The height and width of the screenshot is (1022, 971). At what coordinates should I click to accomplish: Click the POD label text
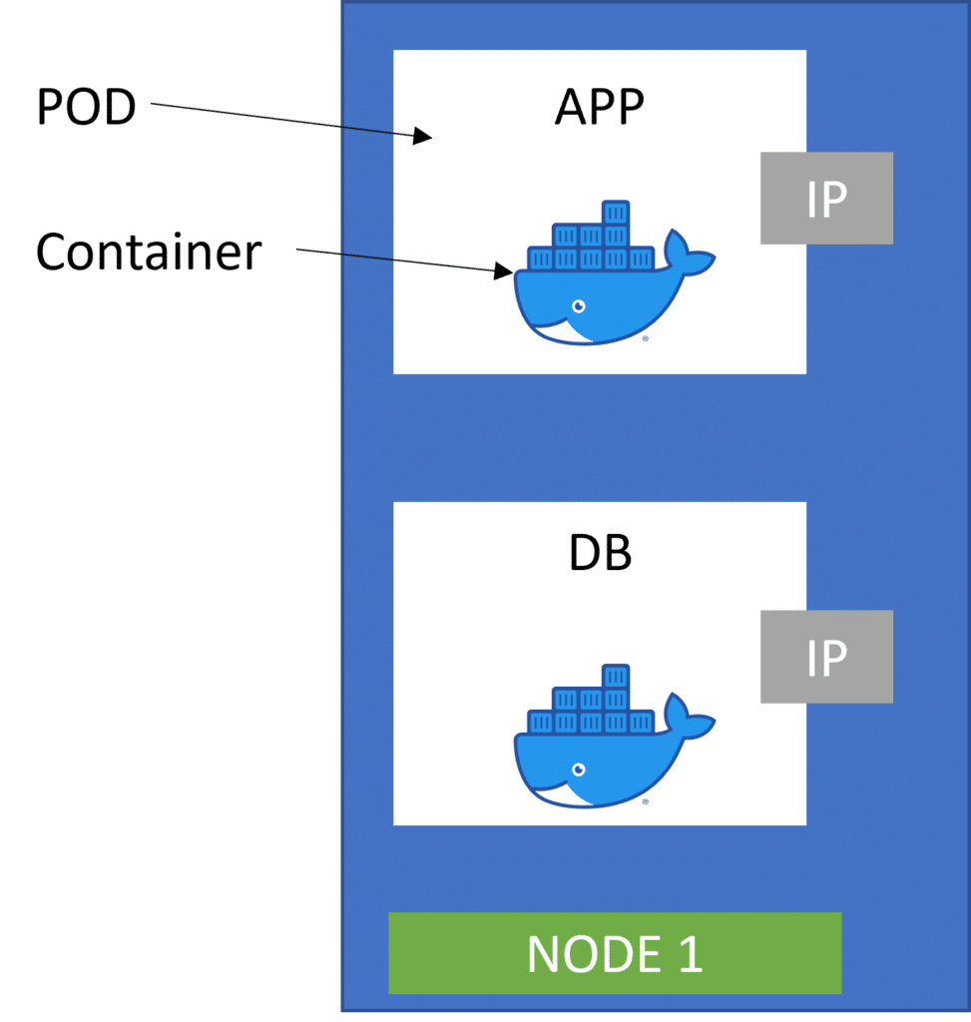click(x=86, y=107)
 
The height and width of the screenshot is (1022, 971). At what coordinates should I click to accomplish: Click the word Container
click(x=149, y=254)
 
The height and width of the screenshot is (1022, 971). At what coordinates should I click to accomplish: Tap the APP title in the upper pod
click(x=600, y=107)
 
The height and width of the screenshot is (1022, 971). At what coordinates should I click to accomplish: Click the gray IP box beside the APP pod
click(x=826, y=198)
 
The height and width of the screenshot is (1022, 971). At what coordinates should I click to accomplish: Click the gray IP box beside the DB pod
click(x=826, y=657)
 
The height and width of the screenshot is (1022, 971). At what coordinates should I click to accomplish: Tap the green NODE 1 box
click(x=615, y=953)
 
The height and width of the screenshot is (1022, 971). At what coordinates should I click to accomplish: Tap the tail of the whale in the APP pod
click(x=689, y=254)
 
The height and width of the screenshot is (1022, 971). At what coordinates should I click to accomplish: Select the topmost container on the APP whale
click(x=616, y=214)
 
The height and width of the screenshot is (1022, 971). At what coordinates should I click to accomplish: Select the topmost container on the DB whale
click(x=616, y=676)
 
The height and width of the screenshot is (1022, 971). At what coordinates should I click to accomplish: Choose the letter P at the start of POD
click(x=50, y=107)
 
